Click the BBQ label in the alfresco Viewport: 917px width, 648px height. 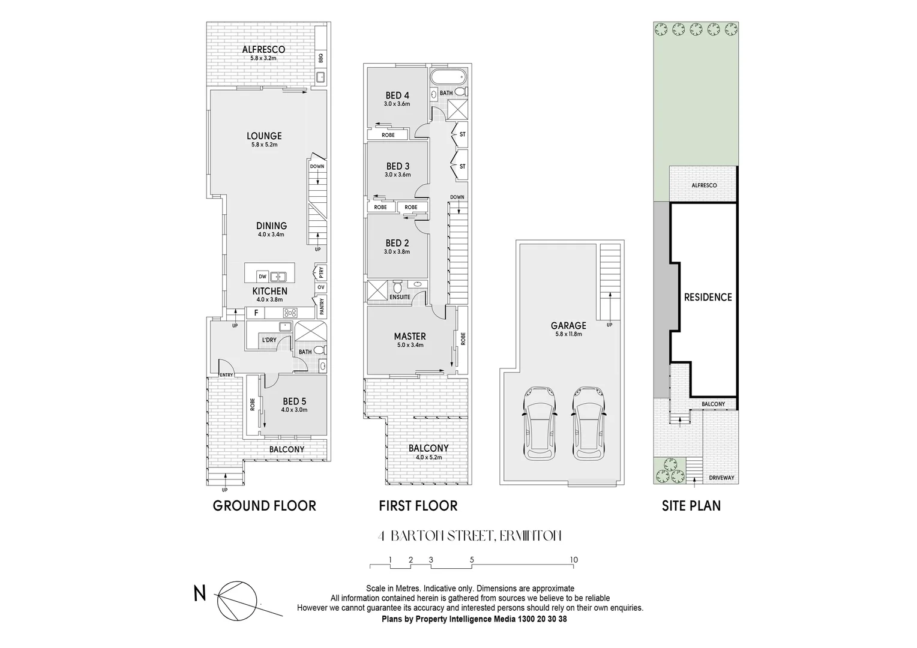coord(321,58)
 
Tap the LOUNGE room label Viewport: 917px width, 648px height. coord(264,136)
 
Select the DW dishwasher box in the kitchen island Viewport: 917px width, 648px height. coord(262,277)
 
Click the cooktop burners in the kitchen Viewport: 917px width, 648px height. coord(290,313)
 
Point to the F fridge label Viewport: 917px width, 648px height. coord(256,313)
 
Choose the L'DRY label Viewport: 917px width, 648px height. coord(268,340)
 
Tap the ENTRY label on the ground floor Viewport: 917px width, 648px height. coord(226,375)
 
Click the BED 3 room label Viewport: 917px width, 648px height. coord(398,166)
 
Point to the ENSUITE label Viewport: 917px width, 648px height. coord(400,297)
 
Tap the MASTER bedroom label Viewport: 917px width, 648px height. coord(410,337)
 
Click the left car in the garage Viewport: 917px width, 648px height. coord(538,423)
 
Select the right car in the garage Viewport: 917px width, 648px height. coord(587,423)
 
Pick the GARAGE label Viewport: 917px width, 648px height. coord(568,326)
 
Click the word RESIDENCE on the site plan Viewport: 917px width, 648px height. coord(708,297)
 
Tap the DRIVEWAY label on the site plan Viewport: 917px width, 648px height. coord(722,478)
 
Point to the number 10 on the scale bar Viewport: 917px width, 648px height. coord(574,560)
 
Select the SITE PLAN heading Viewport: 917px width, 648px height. coord(691,506)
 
